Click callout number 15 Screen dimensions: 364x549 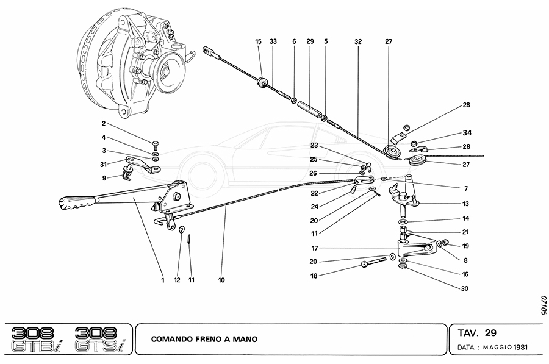(x=258, y=41)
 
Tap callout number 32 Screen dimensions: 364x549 (x=357, y=41)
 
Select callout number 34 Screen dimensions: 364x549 (x=467, y=132)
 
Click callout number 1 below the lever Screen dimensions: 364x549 (x=163, y=281)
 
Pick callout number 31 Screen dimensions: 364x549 (x=104, y=163)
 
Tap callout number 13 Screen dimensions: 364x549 (x=467, y=204)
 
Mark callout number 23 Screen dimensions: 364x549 (x=314, y=146)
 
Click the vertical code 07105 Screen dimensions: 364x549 (x=542, y=305)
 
